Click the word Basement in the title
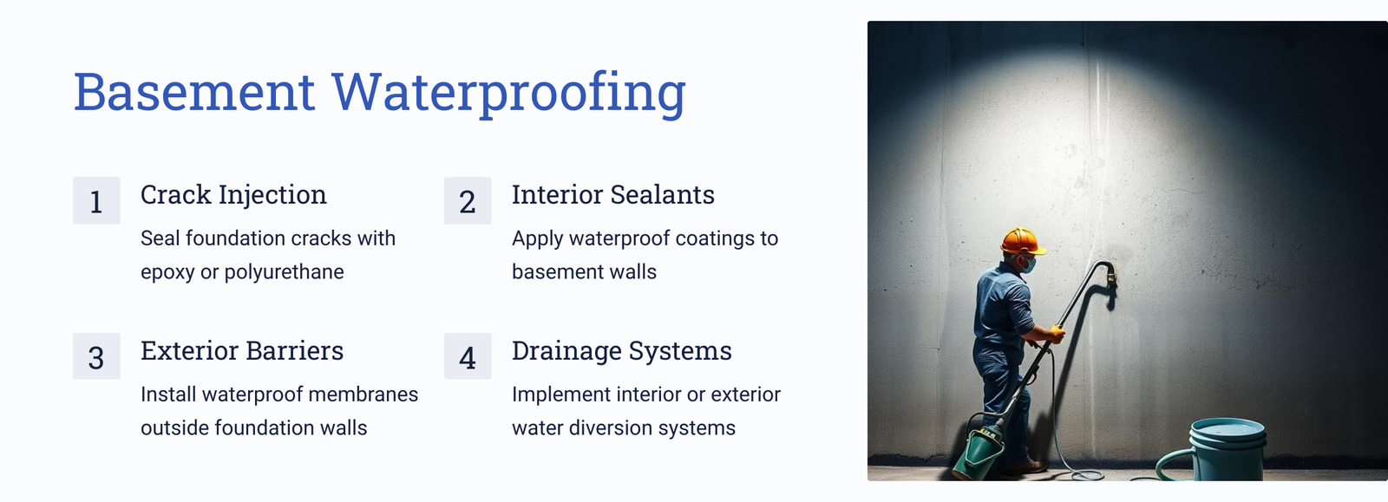click(x=194, y=92)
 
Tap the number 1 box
click(x=96, y=200)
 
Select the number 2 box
click(x=468, y=200)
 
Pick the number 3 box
click(x=96, y=356)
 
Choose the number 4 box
click(x=468, y=356)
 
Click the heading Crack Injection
click(x=233, y=196)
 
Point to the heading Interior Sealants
click(x=613, y=194)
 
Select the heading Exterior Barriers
click(x=242, y=350)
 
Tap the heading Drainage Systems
click(x=621, y=352)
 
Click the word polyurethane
click(x=284, y=272)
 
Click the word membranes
click(x=363, y=394)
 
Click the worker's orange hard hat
click(x=1023, y=241)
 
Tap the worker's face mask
click(x=1028, y=265)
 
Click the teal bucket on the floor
click(x=1227, y=449)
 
